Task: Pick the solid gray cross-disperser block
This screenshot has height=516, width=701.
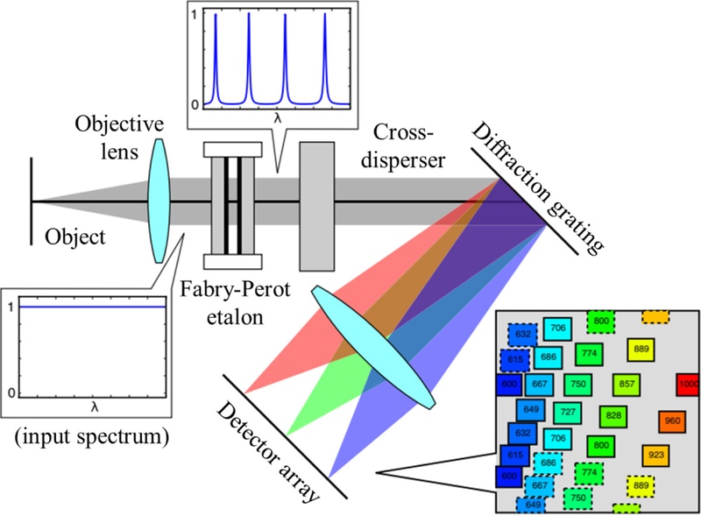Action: coord(318,207)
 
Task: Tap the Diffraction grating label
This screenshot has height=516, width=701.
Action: coord(538,188)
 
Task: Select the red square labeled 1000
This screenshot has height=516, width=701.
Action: coord(688,384)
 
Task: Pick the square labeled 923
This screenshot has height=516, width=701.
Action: coord(655,456)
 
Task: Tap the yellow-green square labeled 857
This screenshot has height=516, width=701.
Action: coord(627,384)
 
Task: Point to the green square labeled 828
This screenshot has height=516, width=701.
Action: coord(613,415)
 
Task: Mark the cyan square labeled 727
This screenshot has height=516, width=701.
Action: coord(568,412)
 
